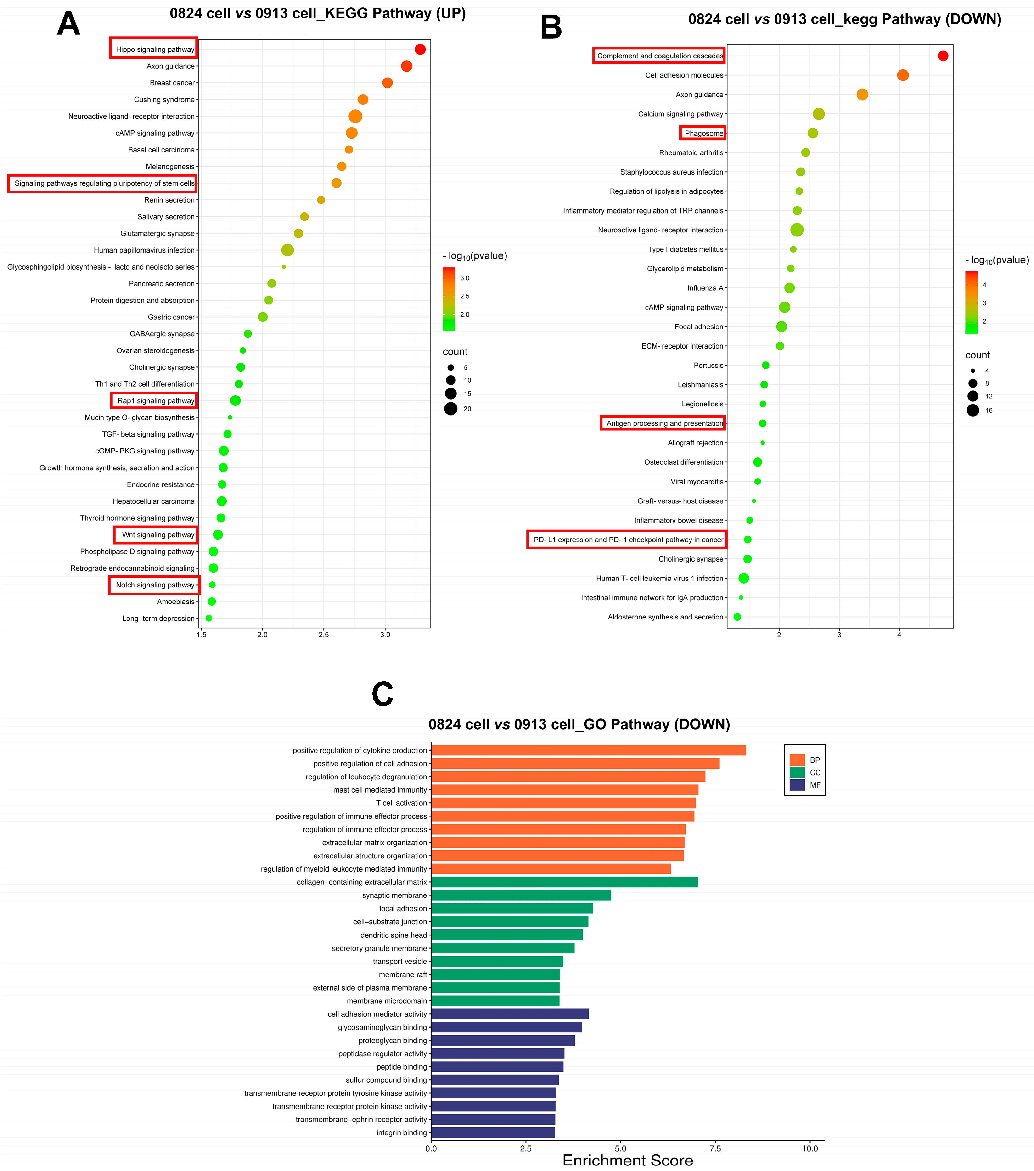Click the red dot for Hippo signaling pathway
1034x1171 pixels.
(x=420, y=49)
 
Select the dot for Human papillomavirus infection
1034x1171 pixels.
(x=287, y=250)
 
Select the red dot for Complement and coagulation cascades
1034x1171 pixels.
(x=943, y=56)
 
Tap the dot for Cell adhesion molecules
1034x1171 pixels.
(x=903, y=75)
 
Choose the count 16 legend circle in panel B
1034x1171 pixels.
(x=973, y=410)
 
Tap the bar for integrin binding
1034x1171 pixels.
(x=493, y=1133)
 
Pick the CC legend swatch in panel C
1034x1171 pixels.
(x=797, y=772)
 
